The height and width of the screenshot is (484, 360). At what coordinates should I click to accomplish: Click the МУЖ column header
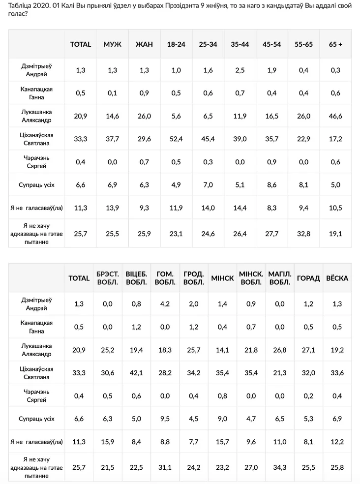(x=112, y=44)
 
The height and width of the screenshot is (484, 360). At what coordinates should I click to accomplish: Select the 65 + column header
(x=335, y=44)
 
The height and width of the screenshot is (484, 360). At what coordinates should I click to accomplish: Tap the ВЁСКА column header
(x=337, y=278)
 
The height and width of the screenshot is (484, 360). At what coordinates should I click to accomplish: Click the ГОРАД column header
(x=308, y=278)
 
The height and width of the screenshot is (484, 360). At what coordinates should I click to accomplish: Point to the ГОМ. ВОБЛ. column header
(x=165, y=278)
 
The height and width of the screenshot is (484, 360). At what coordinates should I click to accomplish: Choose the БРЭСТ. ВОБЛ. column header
(x=107, y=278)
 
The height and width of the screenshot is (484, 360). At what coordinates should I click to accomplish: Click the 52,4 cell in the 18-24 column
(x=176, y=139)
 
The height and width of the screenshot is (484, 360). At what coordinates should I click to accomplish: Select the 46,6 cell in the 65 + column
(x=335, y=116)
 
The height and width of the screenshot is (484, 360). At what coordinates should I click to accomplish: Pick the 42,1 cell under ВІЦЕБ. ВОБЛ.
(x=136, y=373)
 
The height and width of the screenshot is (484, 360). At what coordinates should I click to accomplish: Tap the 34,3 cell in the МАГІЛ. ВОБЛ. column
(x=279, y=465)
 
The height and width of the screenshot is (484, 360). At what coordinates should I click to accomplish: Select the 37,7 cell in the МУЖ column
(x=112, y=139)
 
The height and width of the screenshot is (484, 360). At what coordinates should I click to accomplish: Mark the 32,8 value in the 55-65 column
(x=304, y=234)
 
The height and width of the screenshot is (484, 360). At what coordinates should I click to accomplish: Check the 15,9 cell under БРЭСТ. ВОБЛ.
(x=107, y=442)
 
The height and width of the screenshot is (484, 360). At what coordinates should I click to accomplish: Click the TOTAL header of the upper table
(x=81, y=44)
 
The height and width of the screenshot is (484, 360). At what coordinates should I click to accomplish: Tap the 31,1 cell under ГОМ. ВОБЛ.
(x=165, y=465)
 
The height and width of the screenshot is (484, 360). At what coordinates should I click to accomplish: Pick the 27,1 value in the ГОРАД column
(x=308, y=350)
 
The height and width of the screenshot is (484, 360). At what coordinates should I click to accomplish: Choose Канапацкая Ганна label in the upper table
(x=37, y=93)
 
